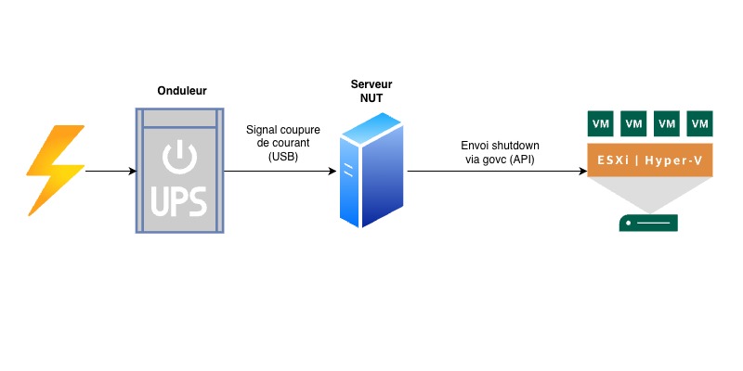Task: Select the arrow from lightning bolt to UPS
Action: pos(110,172)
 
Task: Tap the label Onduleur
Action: pos(181,91)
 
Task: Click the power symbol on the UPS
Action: pos(180,159)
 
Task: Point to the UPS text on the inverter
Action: pos(180,201)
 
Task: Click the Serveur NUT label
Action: pos(372,90)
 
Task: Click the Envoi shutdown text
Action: pos(500,146)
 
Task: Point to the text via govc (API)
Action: pos(500,160)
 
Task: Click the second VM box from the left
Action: pos(634,123)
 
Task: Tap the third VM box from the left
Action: pos(666,123)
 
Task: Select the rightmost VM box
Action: pos(698,123)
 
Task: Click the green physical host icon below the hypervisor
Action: pos(649,223)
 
